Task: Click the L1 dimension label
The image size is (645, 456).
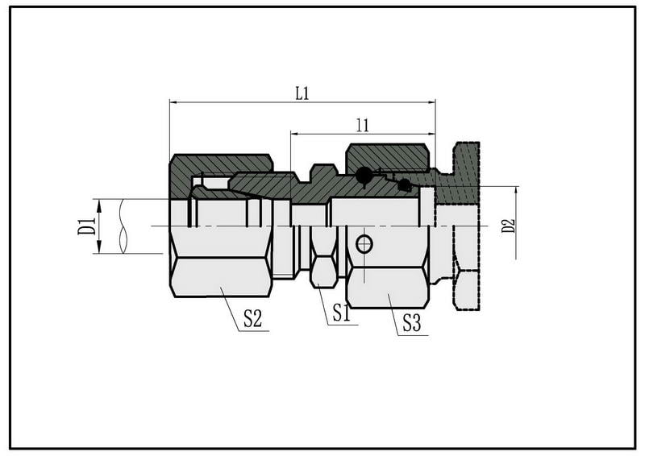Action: [x=302, y=93]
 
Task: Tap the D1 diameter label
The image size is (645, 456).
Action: [x=86, y=226]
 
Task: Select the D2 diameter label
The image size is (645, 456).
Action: [x=509, y=226]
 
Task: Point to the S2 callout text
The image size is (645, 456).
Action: [x=252, y=318]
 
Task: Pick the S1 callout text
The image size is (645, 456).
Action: [x=341, y=313]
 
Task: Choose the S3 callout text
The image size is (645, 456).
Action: [x=411, y=323]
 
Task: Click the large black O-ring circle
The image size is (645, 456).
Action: [x=364, y=176]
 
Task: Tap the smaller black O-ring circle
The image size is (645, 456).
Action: [x=405, y=185]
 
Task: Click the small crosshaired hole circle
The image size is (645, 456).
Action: [x=364, y=245]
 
